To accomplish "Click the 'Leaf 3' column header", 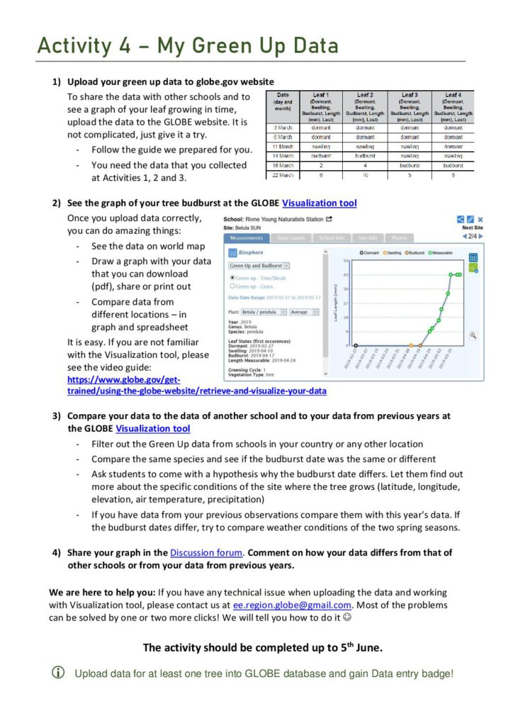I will [x=409, y=94].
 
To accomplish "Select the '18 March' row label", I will [x=282, y=164].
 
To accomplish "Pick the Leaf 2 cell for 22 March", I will [x=365, y=174].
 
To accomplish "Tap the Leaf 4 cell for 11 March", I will [x=453, y=145].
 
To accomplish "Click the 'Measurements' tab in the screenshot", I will [x=247, y=238].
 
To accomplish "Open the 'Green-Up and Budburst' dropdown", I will [x=259, y=265].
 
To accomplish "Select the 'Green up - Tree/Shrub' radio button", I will [x=232, y=278].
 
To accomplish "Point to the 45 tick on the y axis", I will [x=345, y=274].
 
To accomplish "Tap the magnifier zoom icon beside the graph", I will [x=473, y=335].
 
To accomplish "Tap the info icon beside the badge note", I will [x=59, y=673].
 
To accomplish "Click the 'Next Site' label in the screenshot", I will [x=472, y=228].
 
